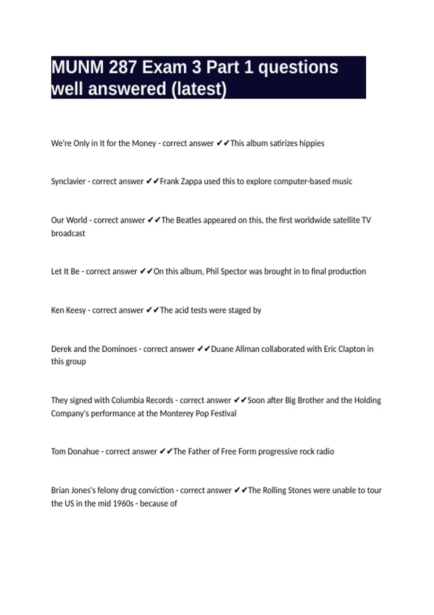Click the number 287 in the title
point(122,67)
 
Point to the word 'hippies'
point(311,143)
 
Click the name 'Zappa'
point(191,181)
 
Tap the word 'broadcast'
point(68,233)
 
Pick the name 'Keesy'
point(76,310)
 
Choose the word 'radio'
point(325,451)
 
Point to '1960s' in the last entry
point(123,504)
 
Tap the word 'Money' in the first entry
point(144,143)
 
